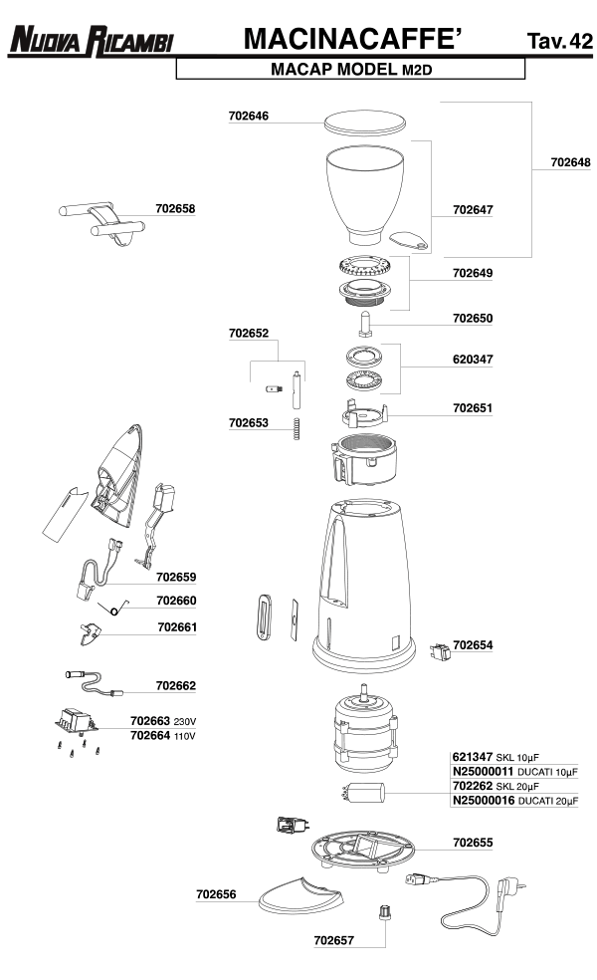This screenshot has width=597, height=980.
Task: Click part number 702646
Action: pos(249,117)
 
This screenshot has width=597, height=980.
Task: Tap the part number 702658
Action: pos(175,209)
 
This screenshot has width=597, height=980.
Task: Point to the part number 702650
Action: pos(473,319)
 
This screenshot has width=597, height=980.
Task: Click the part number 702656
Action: pos(215,895)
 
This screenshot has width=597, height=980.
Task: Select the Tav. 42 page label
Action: pos(560,41)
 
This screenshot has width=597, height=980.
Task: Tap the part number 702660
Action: pos(176,602)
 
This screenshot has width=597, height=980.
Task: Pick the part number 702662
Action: pos(175,685)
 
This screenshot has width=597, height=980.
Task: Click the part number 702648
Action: pos(570,161)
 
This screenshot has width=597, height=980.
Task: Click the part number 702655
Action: pos(473,843)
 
